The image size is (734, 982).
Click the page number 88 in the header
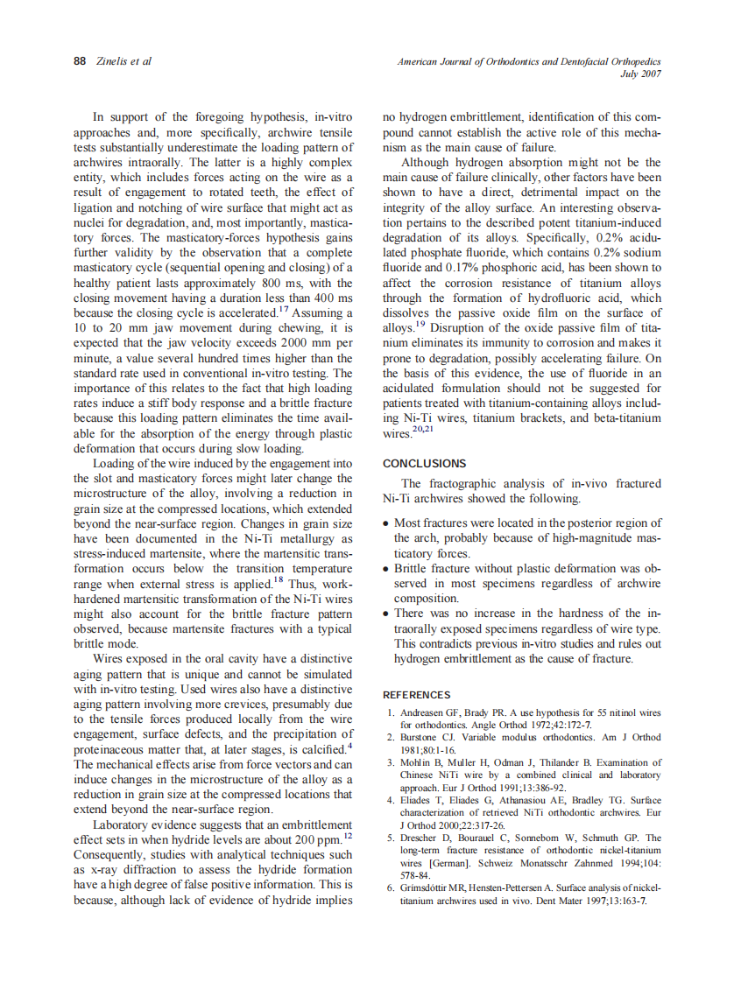pos(79,61)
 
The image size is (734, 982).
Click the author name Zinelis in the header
pos(111,61)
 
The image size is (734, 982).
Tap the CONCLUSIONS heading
pos(425,464)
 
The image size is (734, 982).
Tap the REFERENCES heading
pos(417,695)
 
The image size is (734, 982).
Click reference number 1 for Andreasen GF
pos(391,713)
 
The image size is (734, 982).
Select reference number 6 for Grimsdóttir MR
pos(391,887)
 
